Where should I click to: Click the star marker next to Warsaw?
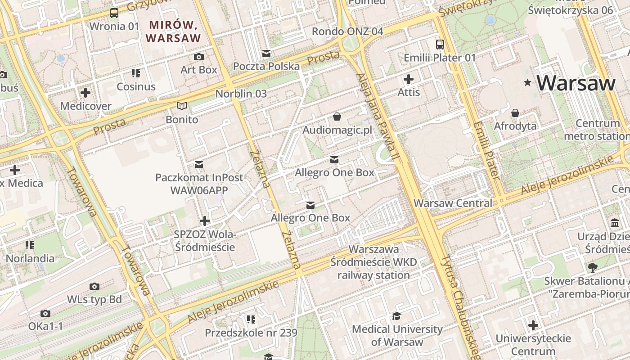coord(527,83)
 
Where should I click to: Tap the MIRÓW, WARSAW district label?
coord(173,31)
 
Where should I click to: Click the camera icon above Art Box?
coord(198,57)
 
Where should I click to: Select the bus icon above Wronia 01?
coord(114,13)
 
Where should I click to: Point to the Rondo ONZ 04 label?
coord(347,31)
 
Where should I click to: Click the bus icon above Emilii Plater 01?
coord(440,45)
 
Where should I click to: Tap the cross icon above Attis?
coord(409,80)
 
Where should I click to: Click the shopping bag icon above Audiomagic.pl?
coord(337,117)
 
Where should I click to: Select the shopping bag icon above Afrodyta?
coord(515,112)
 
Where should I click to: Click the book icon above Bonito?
coord(182,106)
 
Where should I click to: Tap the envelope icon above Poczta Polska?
coord(266,54)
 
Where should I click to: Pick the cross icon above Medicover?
coord(85,93)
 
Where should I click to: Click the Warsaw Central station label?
coord(453,203)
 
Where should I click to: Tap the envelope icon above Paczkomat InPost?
coord(199,164)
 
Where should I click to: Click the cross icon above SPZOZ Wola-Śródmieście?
coord(205,221)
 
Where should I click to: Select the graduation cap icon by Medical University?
coord(397,316)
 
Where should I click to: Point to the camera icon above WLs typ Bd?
coord(94,286)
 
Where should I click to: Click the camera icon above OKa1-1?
coord(45,313)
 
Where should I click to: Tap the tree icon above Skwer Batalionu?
coord(593,268)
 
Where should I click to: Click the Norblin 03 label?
coord(241,94)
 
